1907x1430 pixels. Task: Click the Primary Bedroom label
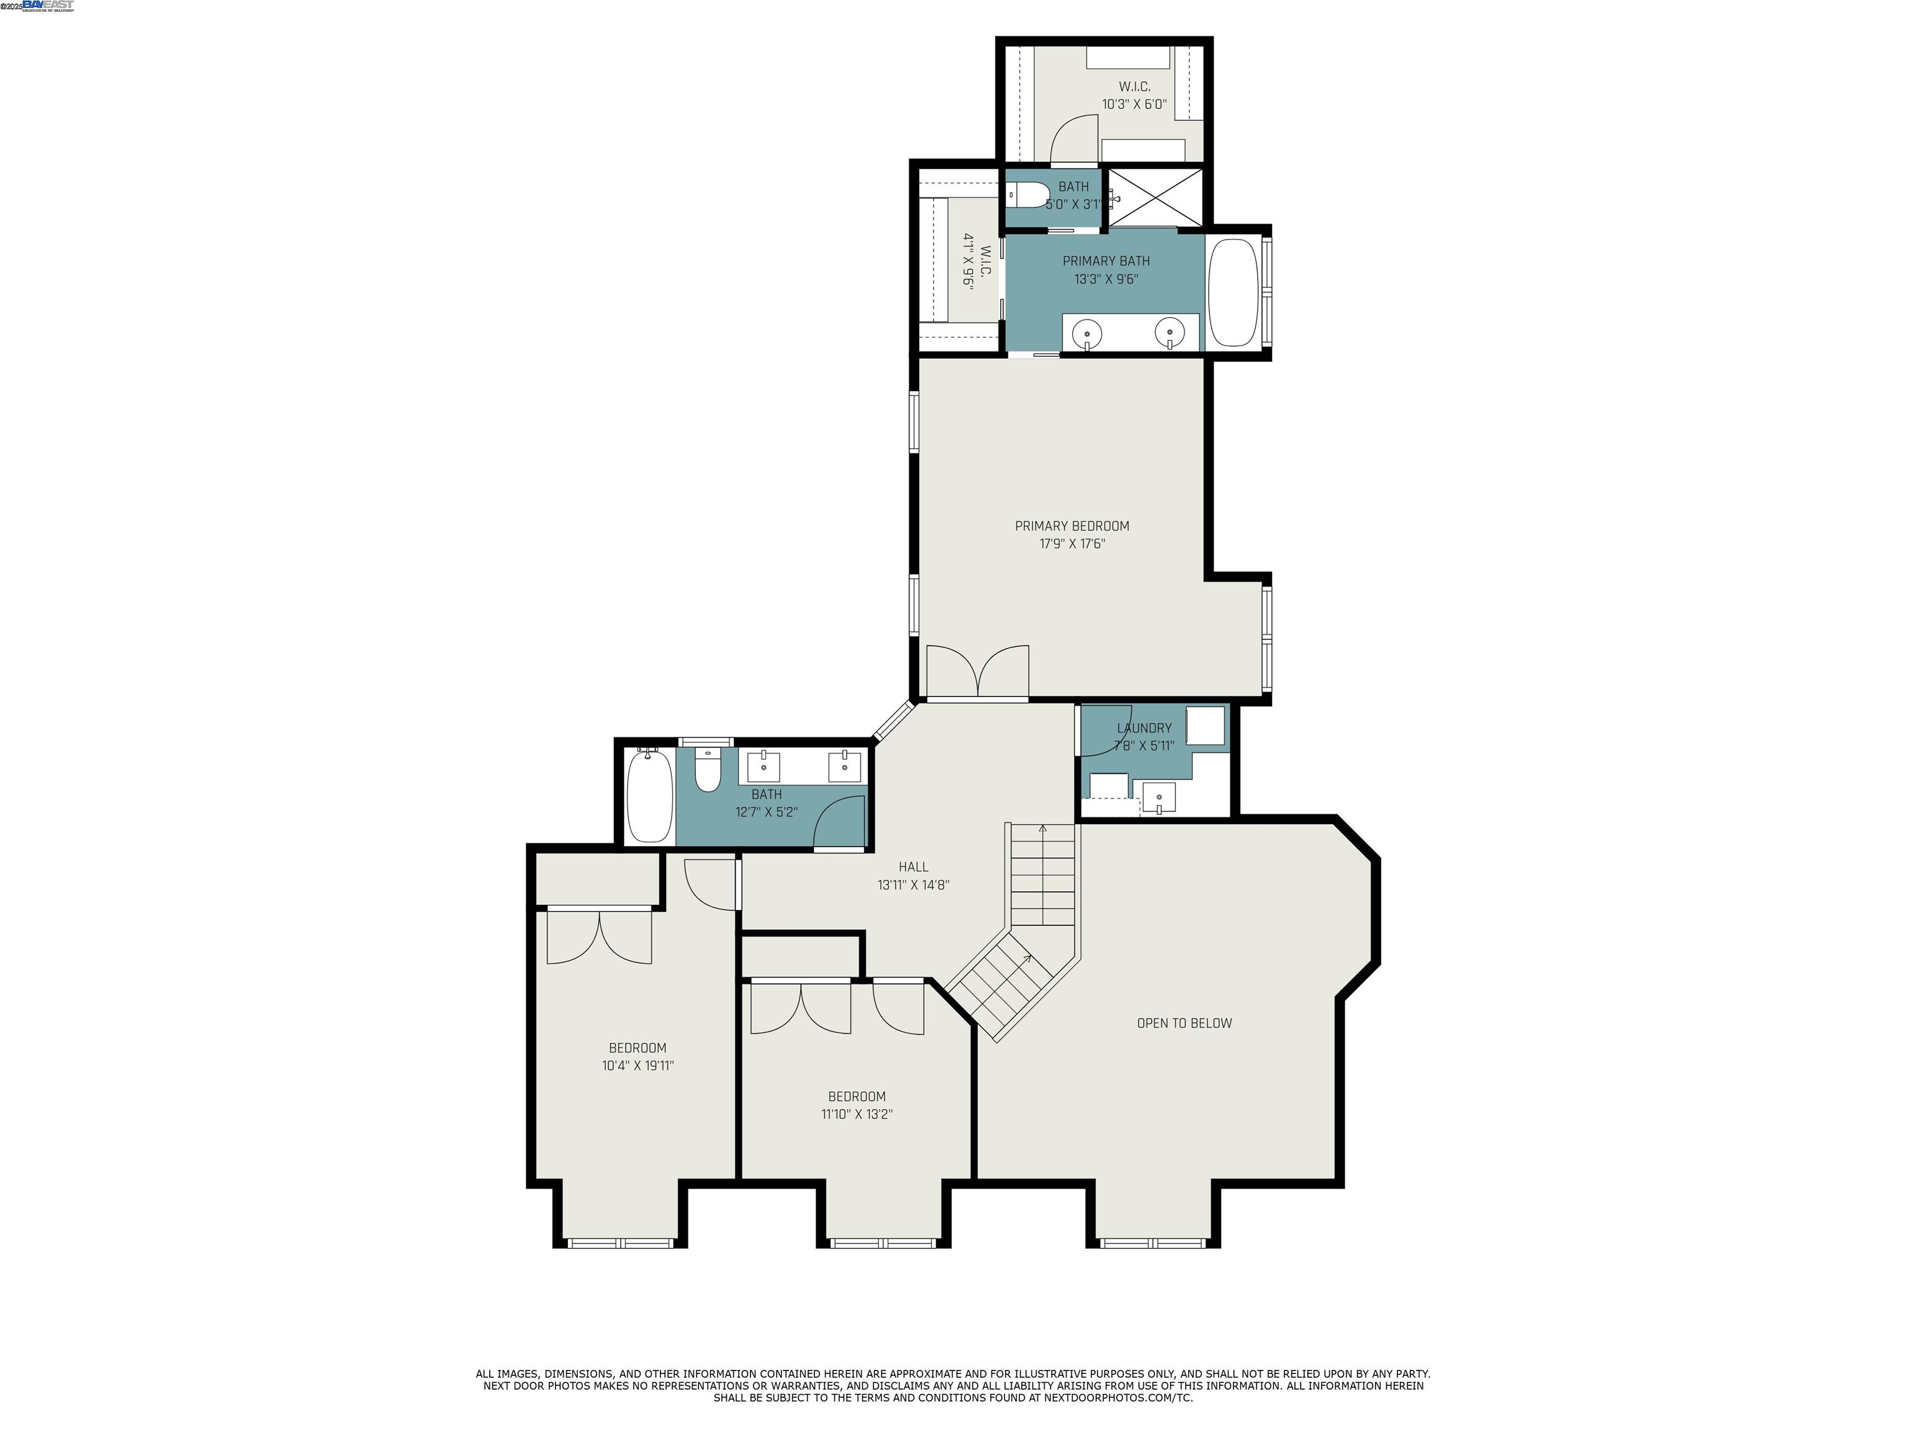click(x=1071, y=526)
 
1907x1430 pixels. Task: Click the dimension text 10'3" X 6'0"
click(x=1134, y=104)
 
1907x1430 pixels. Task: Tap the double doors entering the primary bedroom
click(x=978, y=672)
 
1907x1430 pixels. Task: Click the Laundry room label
click(x=1144, y=729)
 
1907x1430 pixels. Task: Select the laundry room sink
click(x=1159, y=798)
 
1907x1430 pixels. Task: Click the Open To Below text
click(x=1184, y=1023)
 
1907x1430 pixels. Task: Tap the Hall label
click(x=913, y=867)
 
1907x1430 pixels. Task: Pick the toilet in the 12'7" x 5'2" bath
click(x=708, y=771)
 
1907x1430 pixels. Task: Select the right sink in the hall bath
click(x=844, y=765)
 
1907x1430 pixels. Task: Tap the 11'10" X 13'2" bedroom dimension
click(x=856, y=1115)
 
